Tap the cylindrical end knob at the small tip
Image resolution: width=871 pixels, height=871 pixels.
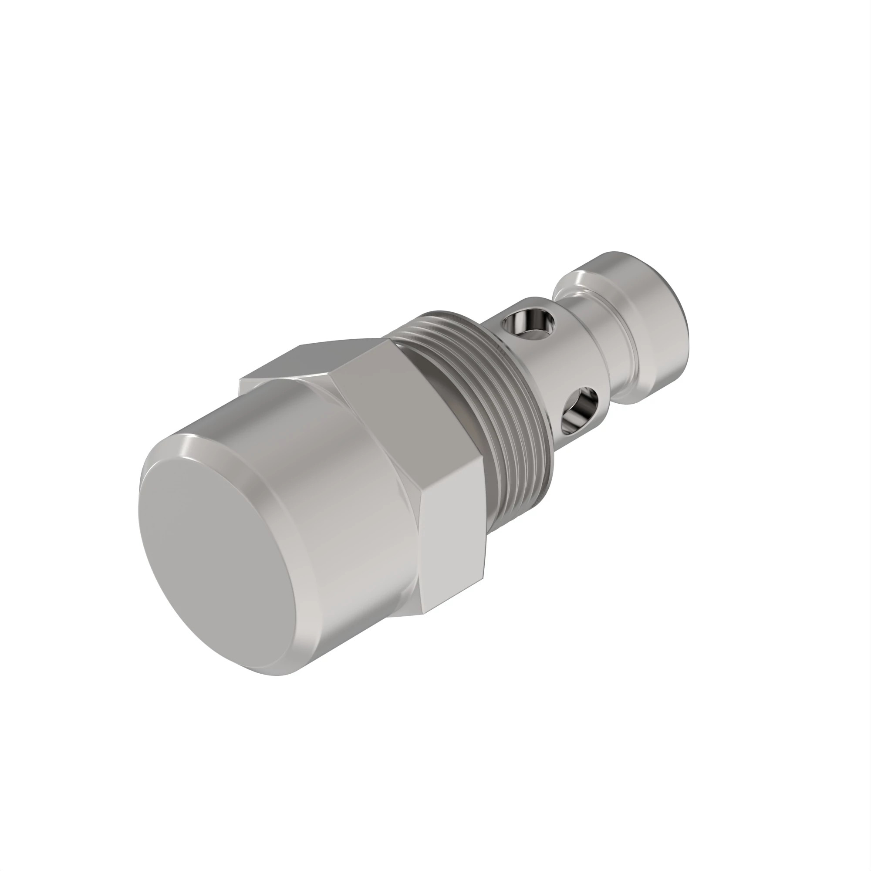[649, 324]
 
